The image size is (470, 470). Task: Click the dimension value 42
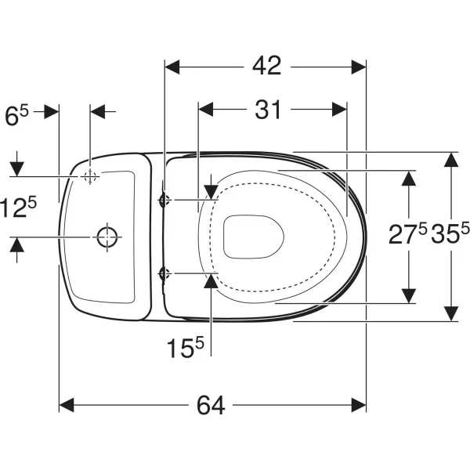[267, 66]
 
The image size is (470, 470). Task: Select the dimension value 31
[268, 110]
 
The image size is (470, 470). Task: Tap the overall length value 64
[211, 405]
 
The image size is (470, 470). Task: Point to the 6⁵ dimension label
[16, 115]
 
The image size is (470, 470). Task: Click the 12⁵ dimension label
[18, 207]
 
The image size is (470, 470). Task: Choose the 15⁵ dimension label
[185, 347]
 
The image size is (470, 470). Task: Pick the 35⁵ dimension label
[450, 233]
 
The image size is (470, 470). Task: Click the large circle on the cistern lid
[107, 237]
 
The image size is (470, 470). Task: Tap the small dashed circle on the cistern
[90, 176]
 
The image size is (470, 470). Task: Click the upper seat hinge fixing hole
[164, 200]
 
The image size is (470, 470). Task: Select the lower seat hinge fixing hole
[164, 273]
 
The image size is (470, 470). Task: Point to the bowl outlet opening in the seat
[254, 237]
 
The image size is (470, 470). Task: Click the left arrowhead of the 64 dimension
[67, 405]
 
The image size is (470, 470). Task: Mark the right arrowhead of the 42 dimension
[359, 67]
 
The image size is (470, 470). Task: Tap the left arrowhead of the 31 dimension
[205, 109]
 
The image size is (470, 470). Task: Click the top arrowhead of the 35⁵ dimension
[451, 160]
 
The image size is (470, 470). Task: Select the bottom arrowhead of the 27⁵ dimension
[409, 296]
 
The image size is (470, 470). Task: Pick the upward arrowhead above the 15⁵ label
[211, 281]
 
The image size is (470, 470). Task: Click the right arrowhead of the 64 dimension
[359, 405]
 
